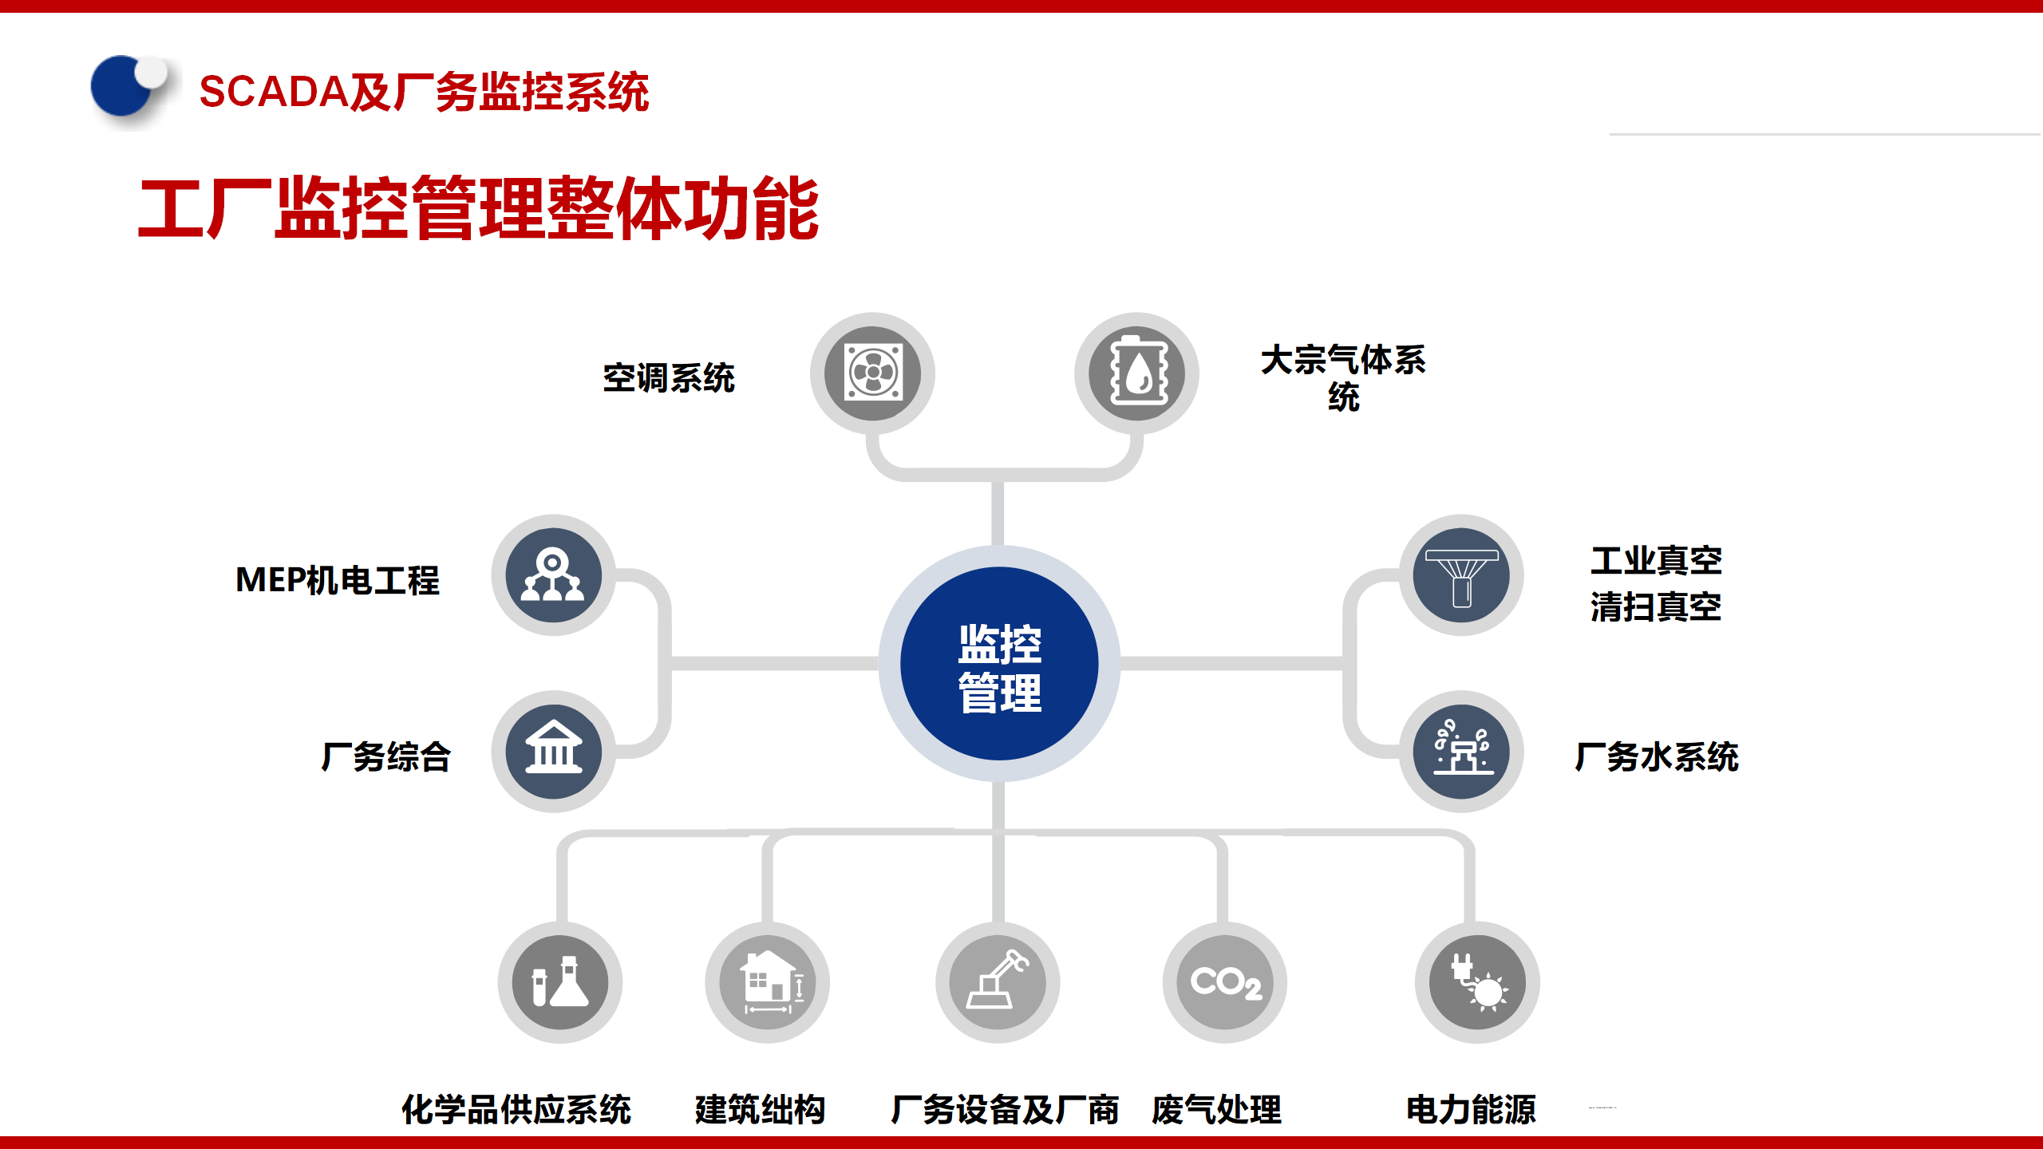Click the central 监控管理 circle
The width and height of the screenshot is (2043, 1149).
pos(999,664)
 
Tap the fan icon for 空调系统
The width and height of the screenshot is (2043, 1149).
pos(873,373)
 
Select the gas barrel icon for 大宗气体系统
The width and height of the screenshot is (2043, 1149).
pos(1137,373)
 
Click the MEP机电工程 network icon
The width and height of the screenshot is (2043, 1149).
pos(553,575)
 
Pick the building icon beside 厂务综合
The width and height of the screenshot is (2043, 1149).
pos(553,752)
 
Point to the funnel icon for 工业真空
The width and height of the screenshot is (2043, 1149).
pos(1461,575)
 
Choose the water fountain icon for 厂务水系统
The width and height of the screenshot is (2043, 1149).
pos(1461,752)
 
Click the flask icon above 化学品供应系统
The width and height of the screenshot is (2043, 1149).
pos(560,982)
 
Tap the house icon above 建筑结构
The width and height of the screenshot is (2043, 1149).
pos(768,982)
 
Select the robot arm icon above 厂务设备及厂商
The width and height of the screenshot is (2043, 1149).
pos(998,982)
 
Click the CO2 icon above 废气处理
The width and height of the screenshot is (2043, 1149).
pos(1225,982)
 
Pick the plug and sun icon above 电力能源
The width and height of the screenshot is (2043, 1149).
pos(1477,982)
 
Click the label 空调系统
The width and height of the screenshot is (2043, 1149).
pos(669,378)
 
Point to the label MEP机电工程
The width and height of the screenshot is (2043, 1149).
pos(338,580)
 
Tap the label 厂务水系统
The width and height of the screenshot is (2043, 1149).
pos(1657,756)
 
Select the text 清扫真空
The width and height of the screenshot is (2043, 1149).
pos(1656,607)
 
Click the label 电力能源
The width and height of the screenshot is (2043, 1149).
pos(1471,1109)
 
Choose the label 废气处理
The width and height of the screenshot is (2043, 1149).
pos(1216,1109)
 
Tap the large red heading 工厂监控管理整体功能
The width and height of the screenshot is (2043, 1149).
pos(479,209)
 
